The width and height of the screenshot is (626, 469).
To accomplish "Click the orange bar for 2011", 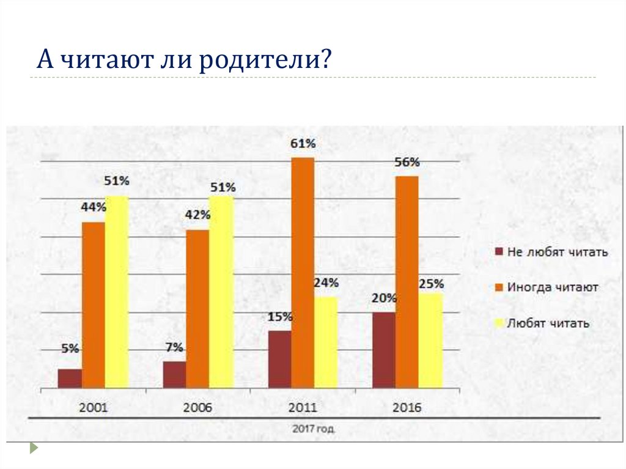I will point(303,272).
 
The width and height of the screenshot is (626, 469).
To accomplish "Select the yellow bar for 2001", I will point(117,292).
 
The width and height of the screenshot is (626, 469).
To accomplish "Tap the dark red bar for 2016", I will point(383,350).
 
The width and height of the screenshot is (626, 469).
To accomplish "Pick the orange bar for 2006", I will point(197,308).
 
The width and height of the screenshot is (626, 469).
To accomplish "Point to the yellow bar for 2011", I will point(326,342).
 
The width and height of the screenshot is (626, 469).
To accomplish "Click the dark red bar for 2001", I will point(70,378).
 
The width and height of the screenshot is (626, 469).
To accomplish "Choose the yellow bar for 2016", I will point(430,340).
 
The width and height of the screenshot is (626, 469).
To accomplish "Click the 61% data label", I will point(303,144).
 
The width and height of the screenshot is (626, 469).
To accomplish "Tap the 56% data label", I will point(407,163).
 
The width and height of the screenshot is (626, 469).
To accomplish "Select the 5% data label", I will point(70,349).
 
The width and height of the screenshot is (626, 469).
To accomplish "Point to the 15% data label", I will point(279,317).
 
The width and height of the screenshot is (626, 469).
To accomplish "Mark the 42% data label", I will point(197,215).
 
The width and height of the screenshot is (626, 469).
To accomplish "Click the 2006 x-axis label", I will point(197,408).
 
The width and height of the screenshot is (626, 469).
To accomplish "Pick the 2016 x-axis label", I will point(407,408).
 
